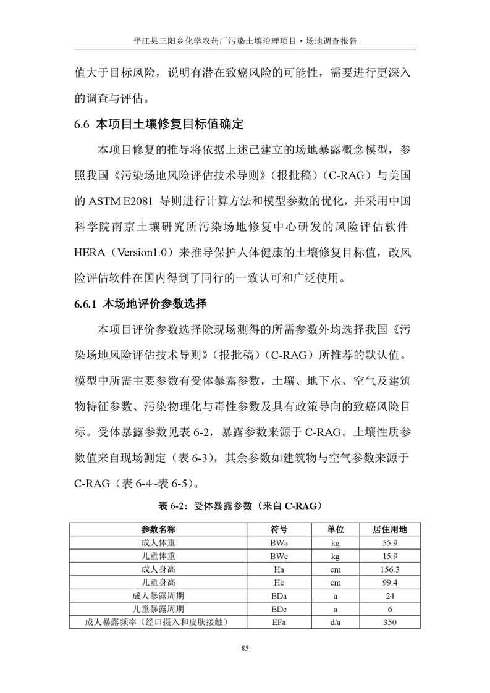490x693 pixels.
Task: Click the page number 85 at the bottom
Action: (x=245, y=648)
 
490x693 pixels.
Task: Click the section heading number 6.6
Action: (x=83, y=124)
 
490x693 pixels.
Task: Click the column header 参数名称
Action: (x=158, y=529)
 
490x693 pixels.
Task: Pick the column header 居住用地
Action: (x=389, y=529)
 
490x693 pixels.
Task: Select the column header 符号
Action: (x=278, y=529)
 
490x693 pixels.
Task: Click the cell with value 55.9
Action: (x=389, y=543)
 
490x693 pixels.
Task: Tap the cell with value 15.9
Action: (x=389, y=556)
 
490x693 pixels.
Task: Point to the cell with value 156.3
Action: (x=389, y=569)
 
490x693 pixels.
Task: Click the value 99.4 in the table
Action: (x=389, y=582)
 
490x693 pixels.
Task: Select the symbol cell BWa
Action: (x=278, y=543)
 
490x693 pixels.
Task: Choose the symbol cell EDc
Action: (x=278, y=609)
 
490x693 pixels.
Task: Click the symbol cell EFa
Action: (x=278, y=622)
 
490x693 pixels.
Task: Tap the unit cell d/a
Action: (x=336, y=622)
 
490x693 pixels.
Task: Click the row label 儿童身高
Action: (x=158, y=582)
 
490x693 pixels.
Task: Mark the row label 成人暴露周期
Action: (x=158, y=596)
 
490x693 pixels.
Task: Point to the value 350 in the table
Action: (x=389, y=622)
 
